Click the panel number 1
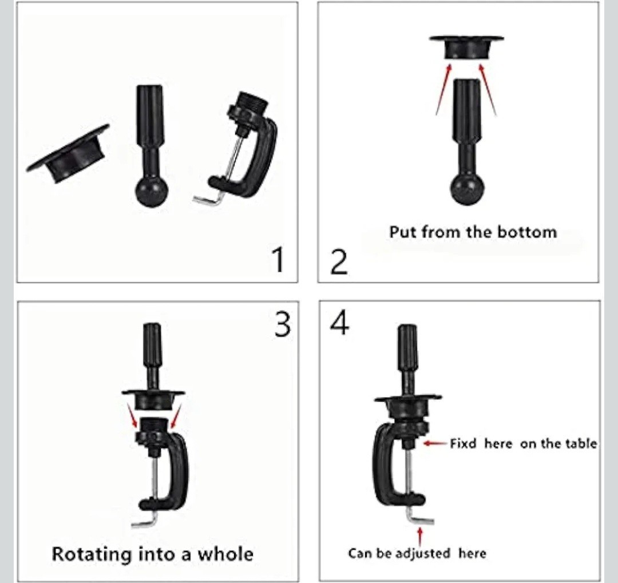[x=279, y=259]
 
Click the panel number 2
[x=339, y=262]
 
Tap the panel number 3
[x=283, y=325]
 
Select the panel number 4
[x=339, y=323]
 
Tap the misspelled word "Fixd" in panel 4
[x=463, y=444]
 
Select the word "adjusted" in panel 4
[x=422, y=553]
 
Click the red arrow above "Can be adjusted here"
[x=420, y=537]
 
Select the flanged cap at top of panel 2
[x=467, y=47]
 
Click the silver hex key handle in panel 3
[x=144, y=523]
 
